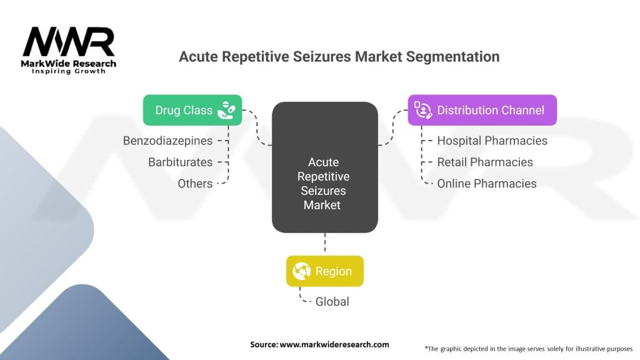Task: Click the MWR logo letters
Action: [x=69, y=42]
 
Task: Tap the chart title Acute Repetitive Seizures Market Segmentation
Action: [x=339, y=57]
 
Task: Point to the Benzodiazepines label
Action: [x=167, y=141]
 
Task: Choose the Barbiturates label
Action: [x=180, y=162]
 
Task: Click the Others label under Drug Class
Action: [x=195, y=184]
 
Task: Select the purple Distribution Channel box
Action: [x=482, y=111]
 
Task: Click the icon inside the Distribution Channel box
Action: [x=424, y=111]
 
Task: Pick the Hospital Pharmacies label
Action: [x=492, y=141]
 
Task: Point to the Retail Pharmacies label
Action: [x=485, y=162]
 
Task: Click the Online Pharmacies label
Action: [x=486, y=184]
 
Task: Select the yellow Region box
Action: [x=324, y=272]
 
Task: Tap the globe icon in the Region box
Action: [x=302, y=272]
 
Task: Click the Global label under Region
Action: [x=331, y=302]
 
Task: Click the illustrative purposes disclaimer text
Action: [x=528, y=348]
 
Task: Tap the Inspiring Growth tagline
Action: [x=69, y=71]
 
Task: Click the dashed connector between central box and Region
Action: [x=325, y=244]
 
